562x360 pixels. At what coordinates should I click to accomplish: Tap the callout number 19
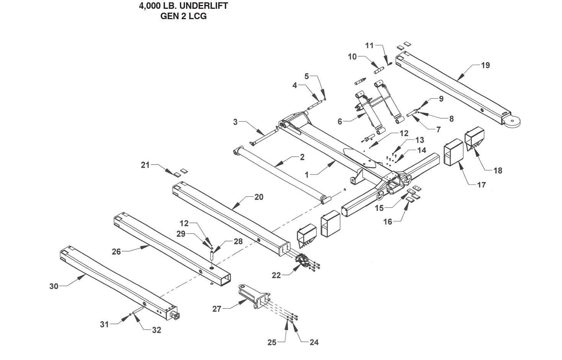(485, 65)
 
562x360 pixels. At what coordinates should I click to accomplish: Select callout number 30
(54, 286)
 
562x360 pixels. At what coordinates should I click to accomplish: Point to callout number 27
(217, 308)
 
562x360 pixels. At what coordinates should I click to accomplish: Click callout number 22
(276, 275)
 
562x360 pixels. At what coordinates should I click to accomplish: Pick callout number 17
(481, 185)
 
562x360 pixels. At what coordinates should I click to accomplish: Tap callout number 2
(302, 157)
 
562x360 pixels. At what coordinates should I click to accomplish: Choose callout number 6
(340, 121)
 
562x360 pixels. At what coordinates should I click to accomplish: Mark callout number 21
(145, 165)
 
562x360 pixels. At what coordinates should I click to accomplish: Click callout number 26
(116, 252)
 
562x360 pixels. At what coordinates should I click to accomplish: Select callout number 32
(156, 330)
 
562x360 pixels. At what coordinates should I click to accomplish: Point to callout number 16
(388, 221)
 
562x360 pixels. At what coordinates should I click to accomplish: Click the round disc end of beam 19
(511, 121)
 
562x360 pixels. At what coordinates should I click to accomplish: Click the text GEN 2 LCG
(183, 16)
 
